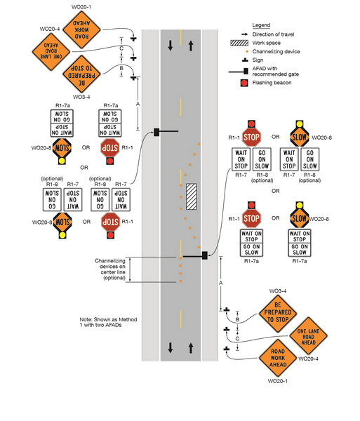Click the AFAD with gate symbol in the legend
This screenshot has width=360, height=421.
pyautogui.click(x=241, y=71)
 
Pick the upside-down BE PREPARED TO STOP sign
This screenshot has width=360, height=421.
pyautogui.click(x=86, y=74)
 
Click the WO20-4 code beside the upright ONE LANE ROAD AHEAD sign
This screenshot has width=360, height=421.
pyautogui.click(x=308, y=359)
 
